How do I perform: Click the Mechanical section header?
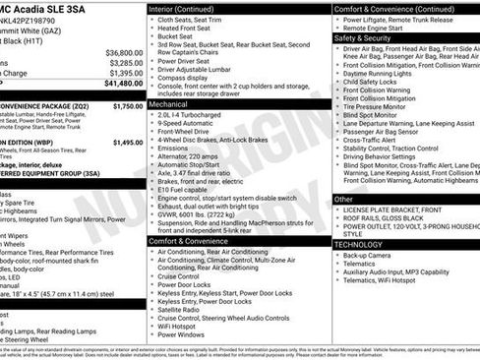pyautogui.click(x=169, y=102)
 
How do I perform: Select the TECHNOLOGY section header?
pyautogui.click(x=359, y=244)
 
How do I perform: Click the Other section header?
pyautogui.click(x=343, y=200)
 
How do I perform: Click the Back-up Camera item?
pyautogui.click(x=373, y=255)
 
